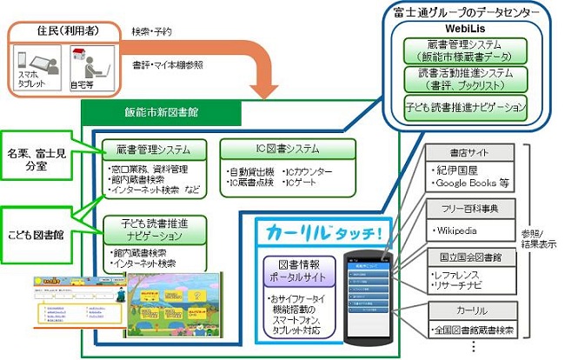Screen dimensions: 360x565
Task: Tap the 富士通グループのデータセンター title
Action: [467, 13]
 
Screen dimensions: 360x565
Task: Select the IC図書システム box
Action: [287, 148]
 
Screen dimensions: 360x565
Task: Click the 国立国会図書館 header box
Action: [470, 257]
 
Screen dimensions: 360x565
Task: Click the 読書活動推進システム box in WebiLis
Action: [466, 80]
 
